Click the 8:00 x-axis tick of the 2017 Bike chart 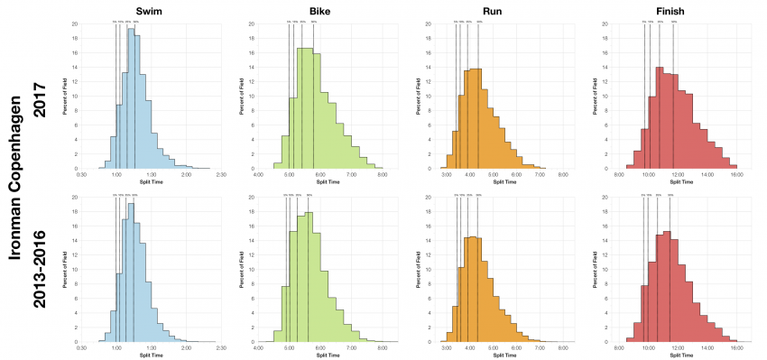coord(382,174)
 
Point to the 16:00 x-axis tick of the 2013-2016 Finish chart coord(736,347)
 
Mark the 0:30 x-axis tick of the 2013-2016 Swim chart coord(82,347)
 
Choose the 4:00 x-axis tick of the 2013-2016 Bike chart coord(259,347)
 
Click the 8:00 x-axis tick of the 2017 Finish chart coord(619,174)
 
